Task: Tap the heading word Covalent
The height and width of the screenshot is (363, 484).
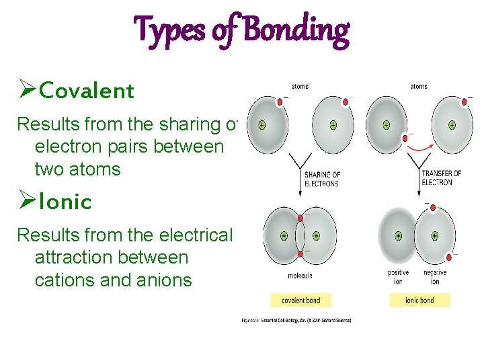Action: tap(87, 91)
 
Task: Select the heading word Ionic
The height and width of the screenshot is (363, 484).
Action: tap(65, 202)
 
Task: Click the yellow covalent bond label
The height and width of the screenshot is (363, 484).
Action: tap(300, 300)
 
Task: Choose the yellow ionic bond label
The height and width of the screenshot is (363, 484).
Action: tap(419, 300)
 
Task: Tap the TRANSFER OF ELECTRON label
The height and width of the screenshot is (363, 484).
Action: tap(441, 177)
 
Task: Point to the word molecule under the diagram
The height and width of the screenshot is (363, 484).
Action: tap(300, 275)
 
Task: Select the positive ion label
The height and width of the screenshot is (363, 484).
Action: tap(398, 277)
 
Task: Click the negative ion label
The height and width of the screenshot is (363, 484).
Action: tap(435, 277)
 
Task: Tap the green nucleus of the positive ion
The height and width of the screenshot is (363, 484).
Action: tap(399, 236)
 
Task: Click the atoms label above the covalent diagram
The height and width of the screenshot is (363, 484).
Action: tap(300, 86)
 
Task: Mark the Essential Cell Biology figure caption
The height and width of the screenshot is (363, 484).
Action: tap(296, 320)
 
